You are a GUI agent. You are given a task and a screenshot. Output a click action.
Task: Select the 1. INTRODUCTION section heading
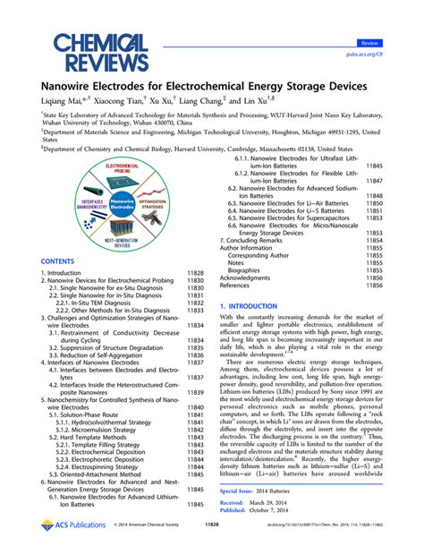(260, 305)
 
